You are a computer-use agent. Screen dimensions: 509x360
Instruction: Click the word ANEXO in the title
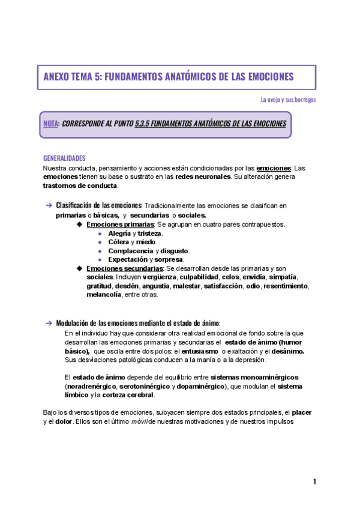tap(57, 77)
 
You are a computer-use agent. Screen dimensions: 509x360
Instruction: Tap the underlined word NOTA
tap(51, 124)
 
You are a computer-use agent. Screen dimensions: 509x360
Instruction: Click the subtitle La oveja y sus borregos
tap(288, 100)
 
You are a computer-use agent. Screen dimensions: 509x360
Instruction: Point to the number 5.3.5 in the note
tap(145, 124)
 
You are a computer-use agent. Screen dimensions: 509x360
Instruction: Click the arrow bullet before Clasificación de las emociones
tap(49, 206)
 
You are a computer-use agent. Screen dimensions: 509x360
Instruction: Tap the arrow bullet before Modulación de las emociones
tap(49, 323)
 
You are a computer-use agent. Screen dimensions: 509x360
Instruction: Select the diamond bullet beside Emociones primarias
tap(80, 224)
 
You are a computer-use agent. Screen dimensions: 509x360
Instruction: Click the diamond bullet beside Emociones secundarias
tap(80, 268)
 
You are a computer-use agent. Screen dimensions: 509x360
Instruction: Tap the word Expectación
tap(128, 259)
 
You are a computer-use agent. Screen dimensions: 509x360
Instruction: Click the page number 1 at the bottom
tap(314, 482)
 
